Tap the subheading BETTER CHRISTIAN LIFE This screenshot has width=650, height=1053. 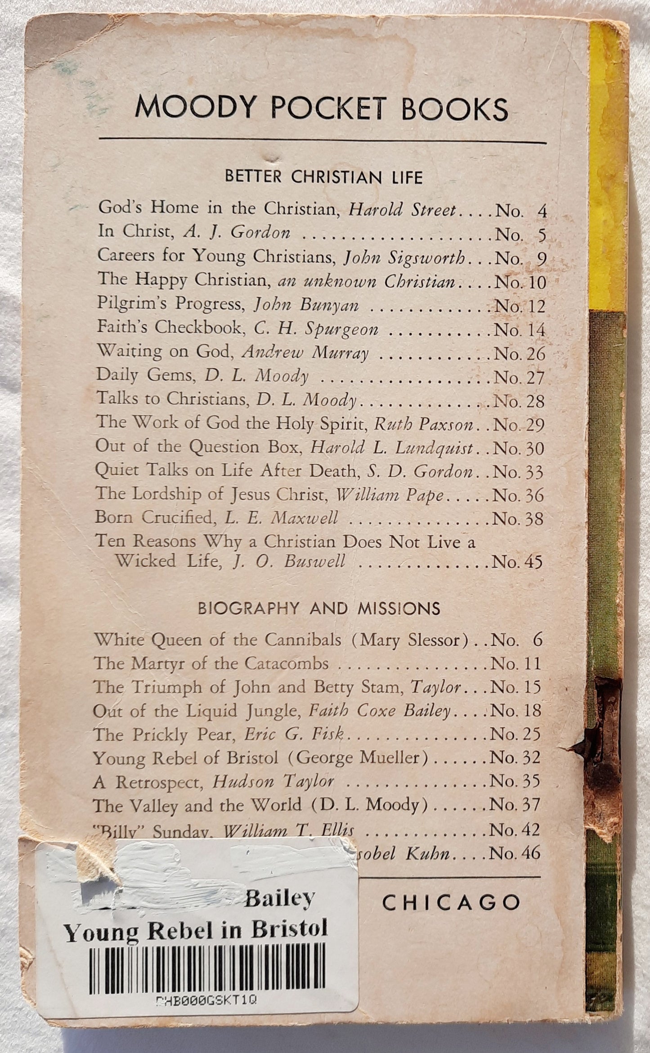click(x=324, y=177)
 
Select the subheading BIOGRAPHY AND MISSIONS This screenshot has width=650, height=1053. click(x=319, y=608)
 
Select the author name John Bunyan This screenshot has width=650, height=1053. click(x=306, y=305)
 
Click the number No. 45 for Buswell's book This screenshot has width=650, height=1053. click(x=518, y=562)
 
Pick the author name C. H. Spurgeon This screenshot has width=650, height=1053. click(x=316, y=329)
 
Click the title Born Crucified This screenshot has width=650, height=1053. click(x=153, y=517)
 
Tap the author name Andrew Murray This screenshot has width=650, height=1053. click(x=305, y=353)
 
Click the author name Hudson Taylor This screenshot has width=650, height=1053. click(x=273, y=782)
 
